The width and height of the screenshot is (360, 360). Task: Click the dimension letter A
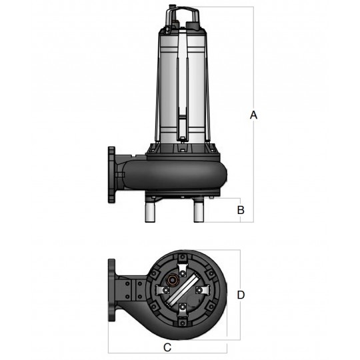253,115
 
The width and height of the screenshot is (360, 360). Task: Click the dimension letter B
241,210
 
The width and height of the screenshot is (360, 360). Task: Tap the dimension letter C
167,347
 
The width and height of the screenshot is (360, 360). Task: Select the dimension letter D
241,294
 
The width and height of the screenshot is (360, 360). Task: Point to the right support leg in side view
199,211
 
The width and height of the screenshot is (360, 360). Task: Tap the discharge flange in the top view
113,294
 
